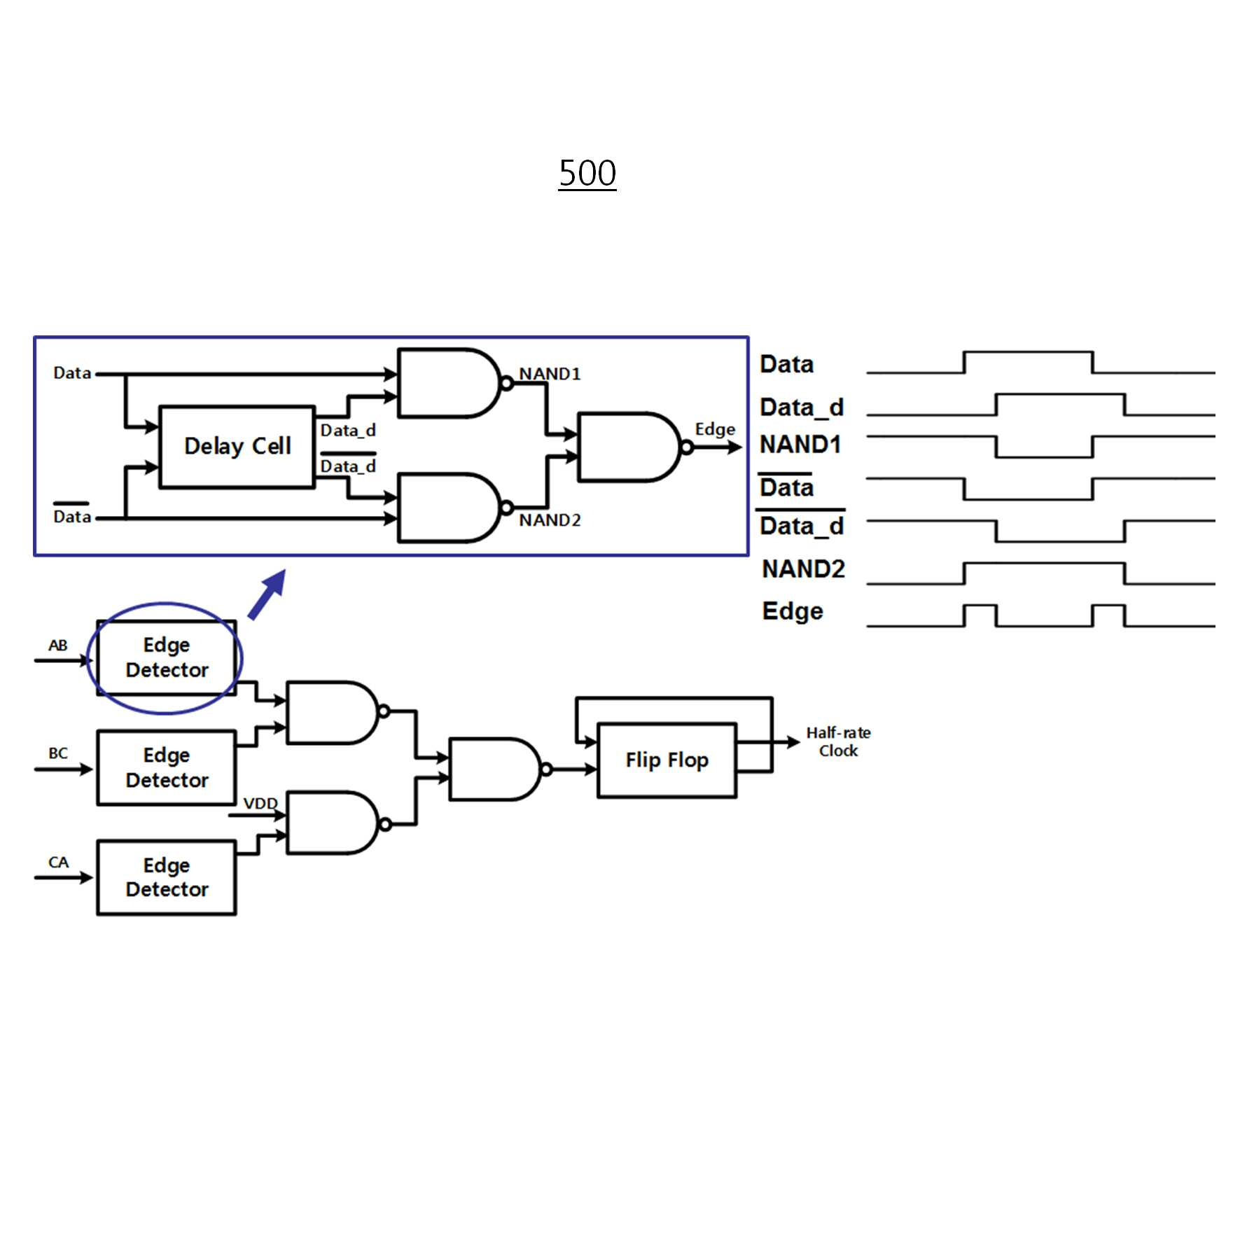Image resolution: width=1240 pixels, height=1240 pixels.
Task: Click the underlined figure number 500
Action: [x=587, y=173]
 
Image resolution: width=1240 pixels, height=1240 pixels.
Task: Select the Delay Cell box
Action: [x=237, y=447]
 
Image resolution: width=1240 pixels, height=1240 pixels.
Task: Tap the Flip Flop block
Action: [x=667, y=760]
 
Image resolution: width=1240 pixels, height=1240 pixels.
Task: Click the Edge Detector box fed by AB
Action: [x=167, y=657]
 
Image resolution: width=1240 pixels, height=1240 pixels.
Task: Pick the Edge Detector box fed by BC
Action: [x=167, y=767]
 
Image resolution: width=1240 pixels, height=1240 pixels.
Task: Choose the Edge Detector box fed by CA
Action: [x=167, y=877]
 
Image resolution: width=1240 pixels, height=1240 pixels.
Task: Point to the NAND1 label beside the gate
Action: [x=550, y=374]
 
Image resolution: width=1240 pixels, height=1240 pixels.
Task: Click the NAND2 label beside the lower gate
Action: [x=550, y=520]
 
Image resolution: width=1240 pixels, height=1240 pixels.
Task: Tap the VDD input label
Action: [x=260, y=803]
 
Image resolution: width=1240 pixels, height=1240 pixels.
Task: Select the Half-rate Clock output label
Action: [x=838, y=741]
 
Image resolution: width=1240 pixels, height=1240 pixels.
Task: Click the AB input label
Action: [x=58, y=645]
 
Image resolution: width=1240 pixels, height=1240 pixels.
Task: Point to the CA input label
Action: [x=58, y=862]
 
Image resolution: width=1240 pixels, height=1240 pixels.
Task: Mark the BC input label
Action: [x=58, y=753]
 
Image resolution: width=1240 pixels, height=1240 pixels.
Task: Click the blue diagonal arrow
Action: [x=267, y=594]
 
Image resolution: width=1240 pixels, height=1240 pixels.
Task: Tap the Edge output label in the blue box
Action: [x=715, y=430]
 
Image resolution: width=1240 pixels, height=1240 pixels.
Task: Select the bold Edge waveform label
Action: [x=793, y=611]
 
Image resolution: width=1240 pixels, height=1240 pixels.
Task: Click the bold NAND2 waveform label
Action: [x=803, y=569]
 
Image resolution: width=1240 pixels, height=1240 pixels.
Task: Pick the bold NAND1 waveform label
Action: [x=800, y=444]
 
